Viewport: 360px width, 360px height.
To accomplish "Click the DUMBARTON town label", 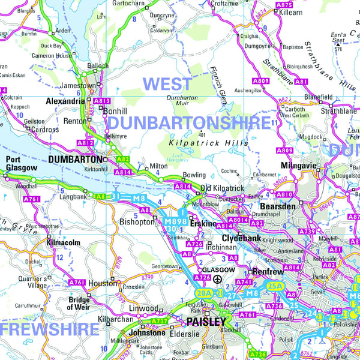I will click(75, 160).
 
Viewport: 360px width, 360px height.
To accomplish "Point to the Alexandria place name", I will click(65, 101).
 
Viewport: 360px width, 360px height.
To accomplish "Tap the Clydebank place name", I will click(242, 238).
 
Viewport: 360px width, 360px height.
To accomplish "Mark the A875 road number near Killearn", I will click(284, 5).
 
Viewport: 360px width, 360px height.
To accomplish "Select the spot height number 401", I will click(202, 134).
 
